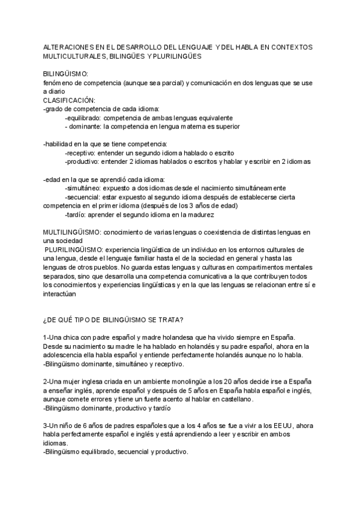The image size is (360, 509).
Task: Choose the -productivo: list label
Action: coord(82,162)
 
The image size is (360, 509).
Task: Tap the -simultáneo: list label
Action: coord(83,188)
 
